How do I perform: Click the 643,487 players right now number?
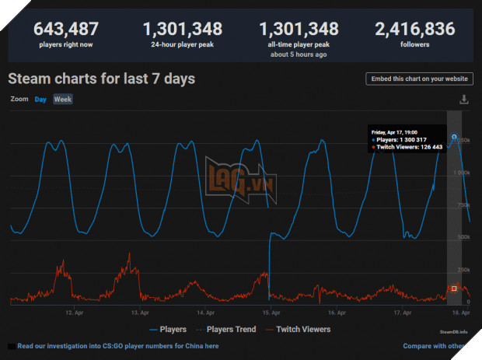(x=65, y=30)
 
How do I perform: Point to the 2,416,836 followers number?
(x=414, y=30)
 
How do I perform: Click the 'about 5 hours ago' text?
(x=299, y=55)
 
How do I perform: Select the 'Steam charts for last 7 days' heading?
(x=101, y=79)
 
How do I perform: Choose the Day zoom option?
(x=40, y=100)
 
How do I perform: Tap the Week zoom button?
(x=62, y=100)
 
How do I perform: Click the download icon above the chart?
(x=464, y=100)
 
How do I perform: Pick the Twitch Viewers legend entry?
(x=302, y=330)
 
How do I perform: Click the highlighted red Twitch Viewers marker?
(x=454, y=288)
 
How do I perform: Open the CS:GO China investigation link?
(x=117, y=346)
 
